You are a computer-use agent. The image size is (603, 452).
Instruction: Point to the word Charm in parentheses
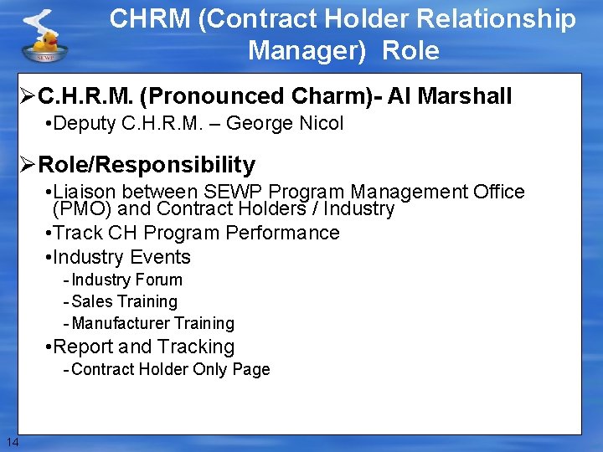point(342,97)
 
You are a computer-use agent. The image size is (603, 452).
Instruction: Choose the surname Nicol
point(319,124)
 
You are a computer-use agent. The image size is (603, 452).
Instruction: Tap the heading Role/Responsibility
point(147,164)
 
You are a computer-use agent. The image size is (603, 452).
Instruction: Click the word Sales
point(92,301)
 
